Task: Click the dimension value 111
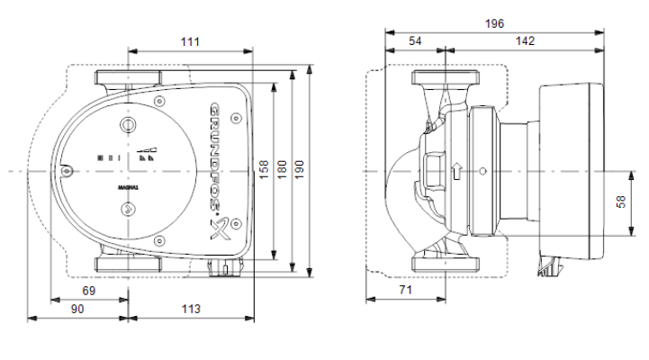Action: pyautogui.click(x=190, y=41)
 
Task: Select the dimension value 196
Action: pyautogui.click(x=494, y=23)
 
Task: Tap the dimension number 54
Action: pyautogui.click(x=415, y=41)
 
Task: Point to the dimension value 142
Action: pyautogui.click(x=525, y=41)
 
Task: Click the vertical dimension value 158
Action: pyautogui.click(x=264, y=170)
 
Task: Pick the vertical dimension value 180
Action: pyautogui.click(x=282, y=170)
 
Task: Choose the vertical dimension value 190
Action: pyautogui.click(x=299, y=170)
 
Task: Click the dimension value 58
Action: pyautogui.click(x=621, y=202)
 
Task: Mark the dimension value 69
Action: pyautogui.click(x=89, y=291)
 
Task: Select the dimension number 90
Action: pyautogui.click(x=77, y=309)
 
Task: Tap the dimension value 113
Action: pyautogui.click(x=191, y=309)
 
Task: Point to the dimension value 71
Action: pyautogui.click(x=406, y=290)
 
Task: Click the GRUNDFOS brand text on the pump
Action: pyautogui.click(x=215, y=157)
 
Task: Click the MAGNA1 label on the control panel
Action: pyautogui.click(x=129, y=188)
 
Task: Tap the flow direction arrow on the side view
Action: pyautogui.click(x=457, y=171)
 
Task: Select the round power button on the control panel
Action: pyautogui.click(x=128, y=124)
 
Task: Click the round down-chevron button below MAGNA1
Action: pyautogui.click(x=128, y=209)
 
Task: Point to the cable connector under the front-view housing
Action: pyautogui.click(x=225, y=268)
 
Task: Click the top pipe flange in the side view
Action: pyautogui.click(x=446, y=77)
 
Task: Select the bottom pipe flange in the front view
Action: pyautogui.click(x=129, y=265)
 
